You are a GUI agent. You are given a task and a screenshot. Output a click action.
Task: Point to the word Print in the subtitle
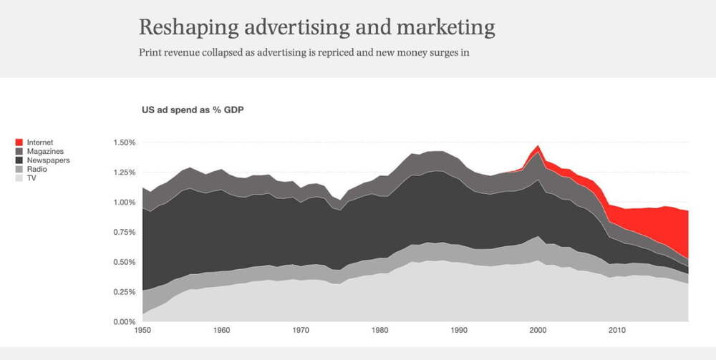click(x=151, y=52)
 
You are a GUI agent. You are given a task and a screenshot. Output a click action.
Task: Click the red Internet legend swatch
click(x=19, y=143)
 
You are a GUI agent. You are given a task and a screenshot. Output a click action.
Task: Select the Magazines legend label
click(x=45, y=152)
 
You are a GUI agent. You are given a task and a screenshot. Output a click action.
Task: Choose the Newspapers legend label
click(x=47, y=160)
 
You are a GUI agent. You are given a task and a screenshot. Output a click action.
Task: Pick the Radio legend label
click(x=37, y=170)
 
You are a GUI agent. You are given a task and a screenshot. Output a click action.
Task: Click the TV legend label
click(x=32, y=178)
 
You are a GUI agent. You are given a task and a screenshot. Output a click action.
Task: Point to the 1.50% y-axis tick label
click(x=125, y=142)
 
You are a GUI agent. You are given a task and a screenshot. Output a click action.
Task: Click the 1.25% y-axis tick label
click(x=125, y=172)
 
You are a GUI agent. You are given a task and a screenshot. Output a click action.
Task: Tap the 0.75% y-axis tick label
click(x=125, y=232)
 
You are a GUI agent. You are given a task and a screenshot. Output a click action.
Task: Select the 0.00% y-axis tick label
click(x=125, y=321)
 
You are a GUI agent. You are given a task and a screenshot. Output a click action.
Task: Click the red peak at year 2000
click(x=537, y=149)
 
